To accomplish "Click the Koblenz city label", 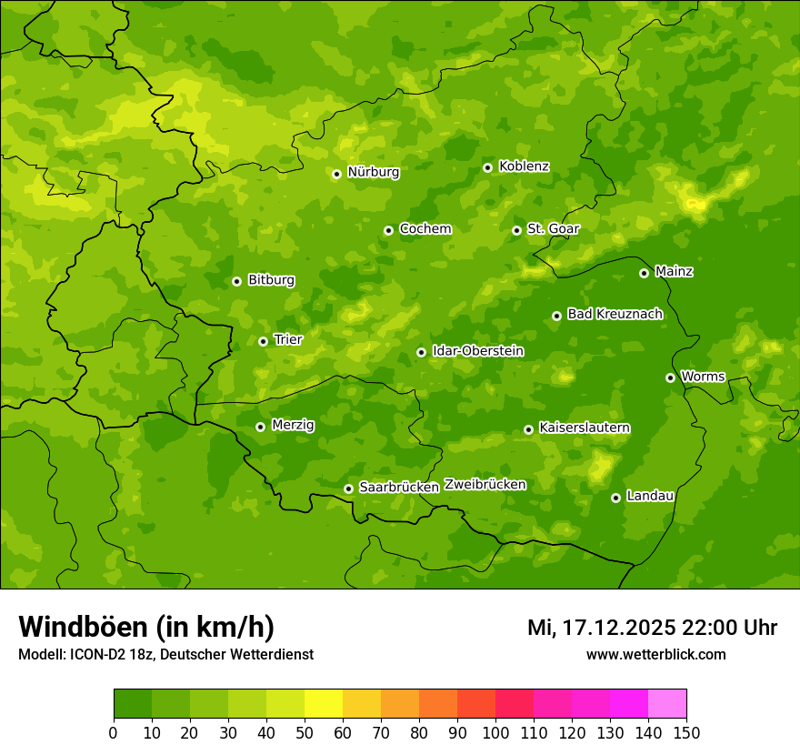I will point(524,166).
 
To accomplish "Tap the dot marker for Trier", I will point(263,341).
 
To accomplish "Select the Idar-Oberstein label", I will point(477,351).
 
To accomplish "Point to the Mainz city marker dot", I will point(644,273).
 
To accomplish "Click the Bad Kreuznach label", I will point(615,315).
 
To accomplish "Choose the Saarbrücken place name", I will point(398,488).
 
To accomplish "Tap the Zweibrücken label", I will point(485,485).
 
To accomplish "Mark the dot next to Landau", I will point(615,498).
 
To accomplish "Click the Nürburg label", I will point(373,172).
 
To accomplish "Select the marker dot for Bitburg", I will point(236,281).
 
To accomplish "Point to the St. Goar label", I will point(553,229).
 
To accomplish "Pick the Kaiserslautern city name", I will point(585,428).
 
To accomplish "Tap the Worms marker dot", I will point(670,377).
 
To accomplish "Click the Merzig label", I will point(293,425).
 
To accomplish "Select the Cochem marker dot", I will point(388,230).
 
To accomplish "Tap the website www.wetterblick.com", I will point(655,654).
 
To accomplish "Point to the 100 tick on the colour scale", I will point(495,732).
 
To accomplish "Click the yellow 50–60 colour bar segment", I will point(324,704).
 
